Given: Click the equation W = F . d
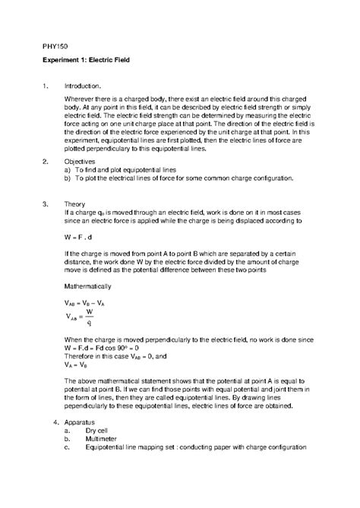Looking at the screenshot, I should tap(81, 237).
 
